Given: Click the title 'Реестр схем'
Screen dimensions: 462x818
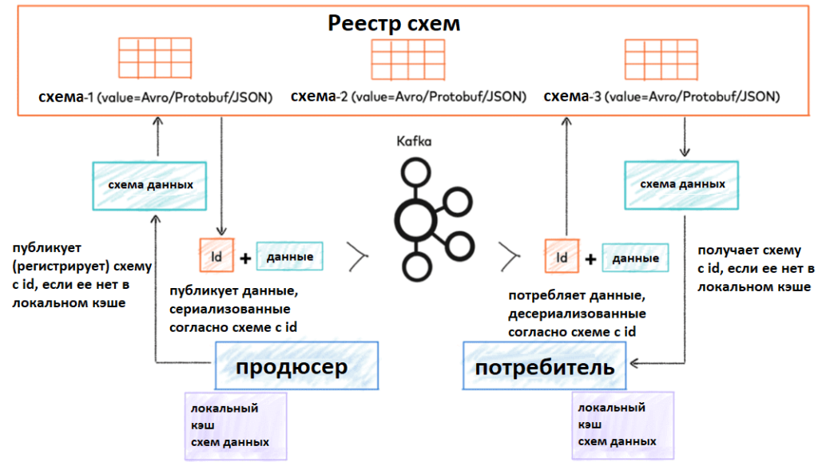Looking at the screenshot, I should pyautogui.click(x=393, y=23).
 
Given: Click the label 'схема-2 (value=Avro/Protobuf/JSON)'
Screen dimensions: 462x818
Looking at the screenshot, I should pyautogui.click(x=408, y=97).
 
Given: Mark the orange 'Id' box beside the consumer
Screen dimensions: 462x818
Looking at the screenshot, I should pyautogui.click(x=562, y=257).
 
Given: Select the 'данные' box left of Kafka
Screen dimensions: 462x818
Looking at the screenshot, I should pyautogui.click(x=289, y=257).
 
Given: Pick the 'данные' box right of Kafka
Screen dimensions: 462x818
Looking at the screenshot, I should pyautogui.click(x=635, y=258).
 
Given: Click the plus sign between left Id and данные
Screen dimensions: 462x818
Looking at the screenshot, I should pyautogui.click(x=244, y=259).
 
